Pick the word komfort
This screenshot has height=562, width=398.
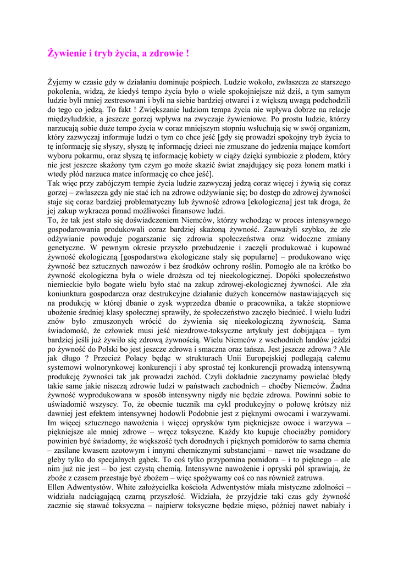coord(335,145)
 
